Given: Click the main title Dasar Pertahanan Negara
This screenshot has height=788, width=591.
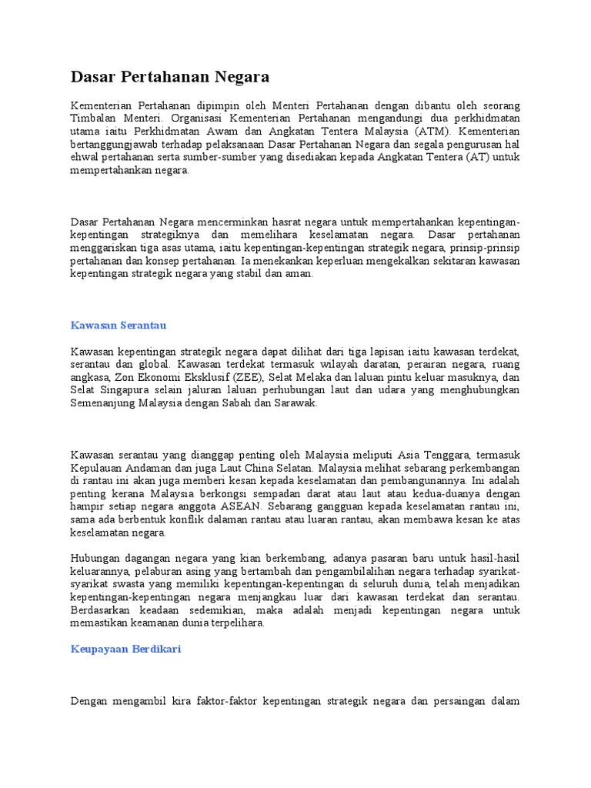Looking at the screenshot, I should pyautogui.click(x=170, y=77).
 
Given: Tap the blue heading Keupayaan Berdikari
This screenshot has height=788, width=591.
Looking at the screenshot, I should pyautogui.click(x=126, y=649).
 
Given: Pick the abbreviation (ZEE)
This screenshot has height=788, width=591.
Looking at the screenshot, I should pyautogui.click(x=245, y=377).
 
